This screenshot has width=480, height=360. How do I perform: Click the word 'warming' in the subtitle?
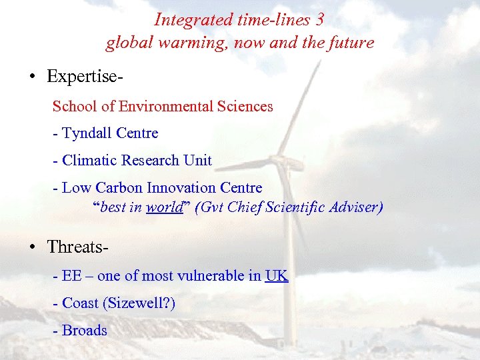point(175,43)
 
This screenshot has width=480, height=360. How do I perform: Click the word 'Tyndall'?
point(87,133)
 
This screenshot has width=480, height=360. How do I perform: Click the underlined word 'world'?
point(163,207)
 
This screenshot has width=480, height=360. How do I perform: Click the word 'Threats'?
point(75,247)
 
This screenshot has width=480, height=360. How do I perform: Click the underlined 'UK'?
point(277,276)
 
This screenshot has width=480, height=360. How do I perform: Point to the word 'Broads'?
point(85,331)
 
